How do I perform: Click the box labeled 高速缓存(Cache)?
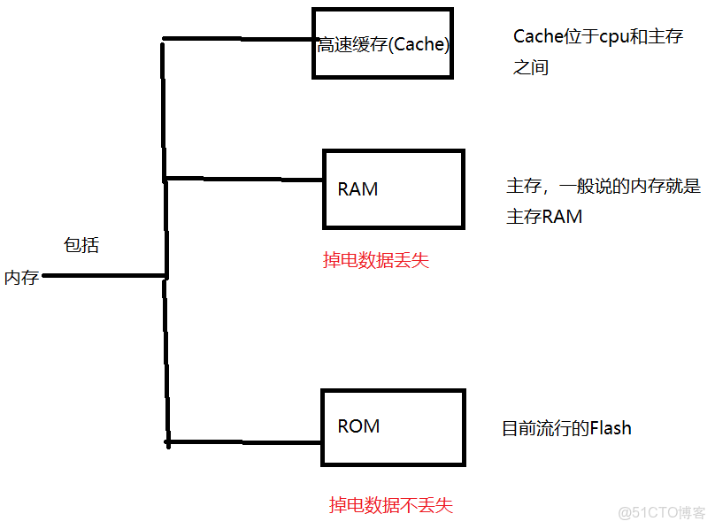[383, 43]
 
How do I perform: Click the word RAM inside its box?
[357, 189]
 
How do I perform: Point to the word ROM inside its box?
[358, 426]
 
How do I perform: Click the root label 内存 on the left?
[21, 278]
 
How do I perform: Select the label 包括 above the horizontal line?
[81, 246]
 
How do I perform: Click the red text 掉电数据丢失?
[376, 261]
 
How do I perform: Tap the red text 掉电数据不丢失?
[390, 505]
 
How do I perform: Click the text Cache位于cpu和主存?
[597, 37]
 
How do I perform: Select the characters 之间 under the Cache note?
[531, 67]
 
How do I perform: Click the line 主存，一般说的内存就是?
[603, 187]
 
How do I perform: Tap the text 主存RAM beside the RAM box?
[544, 217]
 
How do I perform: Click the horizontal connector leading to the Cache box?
[239, 39]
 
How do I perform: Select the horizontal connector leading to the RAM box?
[243, 179]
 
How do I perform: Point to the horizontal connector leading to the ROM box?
[243, 441]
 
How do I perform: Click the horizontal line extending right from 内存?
[104, 276]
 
